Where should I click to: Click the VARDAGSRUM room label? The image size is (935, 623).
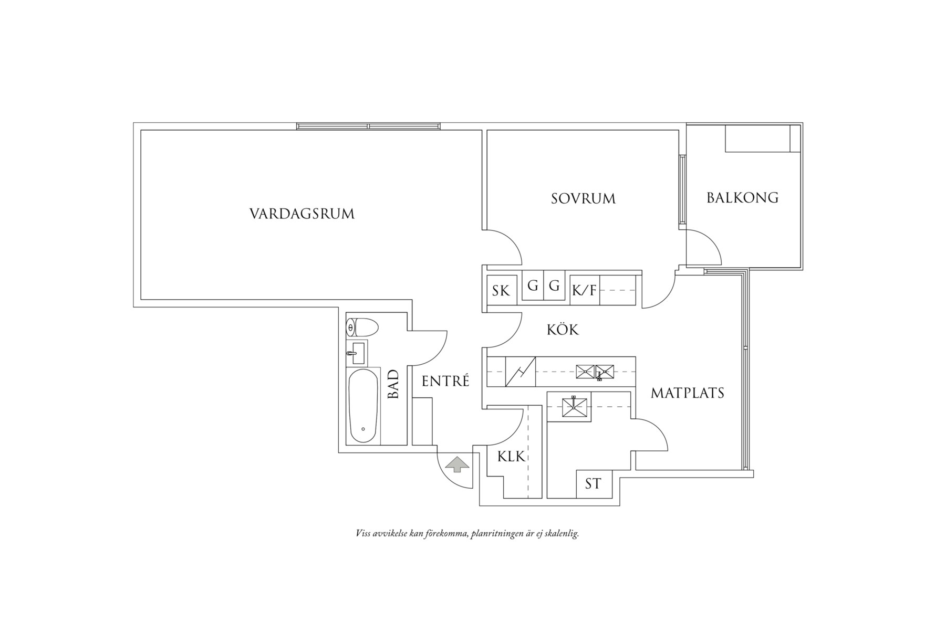tap(302, 214)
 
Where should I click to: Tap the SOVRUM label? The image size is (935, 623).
tap(583, 199)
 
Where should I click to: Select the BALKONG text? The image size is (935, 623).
tap(742, 198)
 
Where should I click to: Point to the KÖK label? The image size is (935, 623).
tap(563, 330)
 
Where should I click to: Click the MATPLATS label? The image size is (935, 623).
tap(687, 393)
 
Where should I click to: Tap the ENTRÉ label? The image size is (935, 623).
tap(445, 382)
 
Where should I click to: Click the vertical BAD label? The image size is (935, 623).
tap(393, 384)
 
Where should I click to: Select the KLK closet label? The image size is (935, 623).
tap(511, 457)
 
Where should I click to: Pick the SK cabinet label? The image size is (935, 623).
tap(501, 291)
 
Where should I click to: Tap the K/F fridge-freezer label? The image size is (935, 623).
tap(585, 290)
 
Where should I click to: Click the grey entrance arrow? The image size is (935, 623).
tap(456, 464)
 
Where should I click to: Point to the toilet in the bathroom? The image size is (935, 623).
tap(362, 328)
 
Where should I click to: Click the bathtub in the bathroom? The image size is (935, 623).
tap(363, 406)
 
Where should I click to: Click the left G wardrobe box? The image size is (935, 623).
tap(533, 286)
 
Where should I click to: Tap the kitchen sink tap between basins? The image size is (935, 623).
tap(598, 375)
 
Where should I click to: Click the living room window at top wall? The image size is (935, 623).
tap(368, 126)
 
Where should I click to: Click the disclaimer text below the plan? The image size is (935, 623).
tap(467, 534)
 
